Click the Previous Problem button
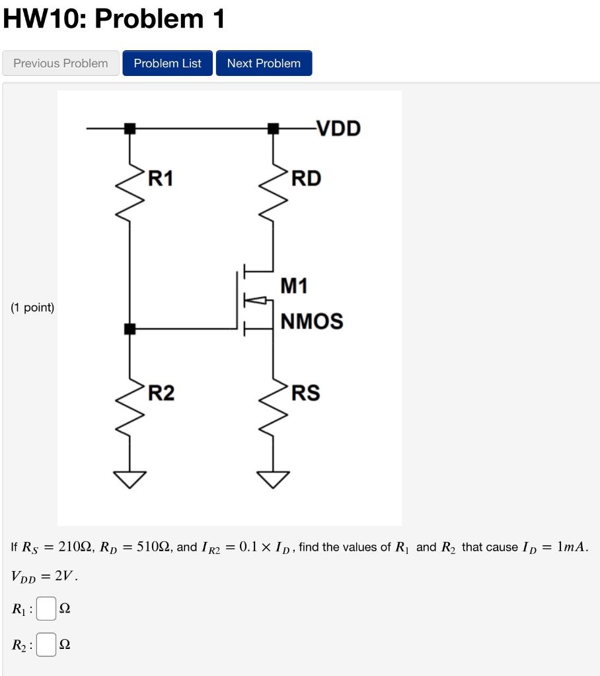[61, 63]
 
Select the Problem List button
[167, 63]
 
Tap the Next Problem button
[264, 63]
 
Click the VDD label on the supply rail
[338, 128]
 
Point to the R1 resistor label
[161, 178]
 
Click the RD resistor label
[306, 178]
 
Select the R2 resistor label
[161, 393]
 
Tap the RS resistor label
[305, 393]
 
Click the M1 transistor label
[294, 286]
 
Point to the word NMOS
[312, 321]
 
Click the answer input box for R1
[46, 609]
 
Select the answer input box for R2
[46, 644]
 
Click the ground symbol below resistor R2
[130, 478]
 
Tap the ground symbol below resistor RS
[273, 478]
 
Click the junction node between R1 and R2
[130, 328]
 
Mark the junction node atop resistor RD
[273, 129]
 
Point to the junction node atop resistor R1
[130, 129]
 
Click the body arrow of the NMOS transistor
[260, 300]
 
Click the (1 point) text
[32, 308]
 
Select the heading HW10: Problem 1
[114, 19]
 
